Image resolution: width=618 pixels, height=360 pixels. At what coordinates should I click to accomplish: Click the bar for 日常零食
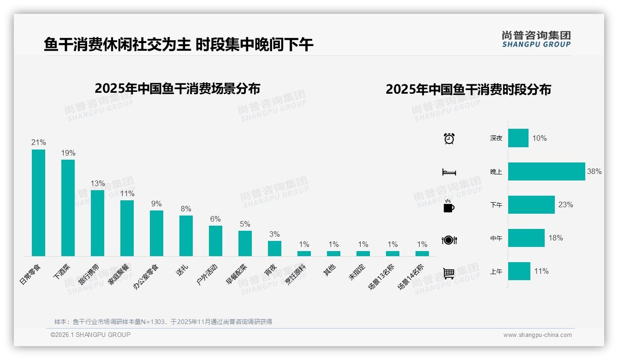38,203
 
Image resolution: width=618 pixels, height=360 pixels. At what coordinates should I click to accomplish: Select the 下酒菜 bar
68,208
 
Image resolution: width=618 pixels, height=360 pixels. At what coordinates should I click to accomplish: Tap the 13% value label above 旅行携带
98,183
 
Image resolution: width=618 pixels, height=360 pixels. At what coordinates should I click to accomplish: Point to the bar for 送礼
186,236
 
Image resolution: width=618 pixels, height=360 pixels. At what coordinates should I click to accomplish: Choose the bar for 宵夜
274,248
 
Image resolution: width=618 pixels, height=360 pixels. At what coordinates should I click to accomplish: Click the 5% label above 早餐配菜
245,224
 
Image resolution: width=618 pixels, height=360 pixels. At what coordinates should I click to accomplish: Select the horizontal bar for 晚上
547,171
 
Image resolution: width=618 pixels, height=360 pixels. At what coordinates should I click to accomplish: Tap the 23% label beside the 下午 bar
565,204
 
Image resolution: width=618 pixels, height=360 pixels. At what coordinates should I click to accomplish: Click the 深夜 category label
496,138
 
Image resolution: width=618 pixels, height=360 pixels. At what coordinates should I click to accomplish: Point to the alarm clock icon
449,138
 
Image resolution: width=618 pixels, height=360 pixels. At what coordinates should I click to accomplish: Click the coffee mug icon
449,206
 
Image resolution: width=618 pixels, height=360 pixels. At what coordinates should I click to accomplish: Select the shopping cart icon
449,273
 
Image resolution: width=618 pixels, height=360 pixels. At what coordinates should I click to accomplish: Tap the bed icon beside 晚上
449,172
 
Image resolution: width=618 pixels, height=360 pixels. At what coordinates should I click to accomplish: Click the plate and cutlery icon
449,240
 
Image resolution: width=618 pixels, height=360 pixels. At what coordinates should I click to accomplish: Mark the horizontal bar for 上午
519,271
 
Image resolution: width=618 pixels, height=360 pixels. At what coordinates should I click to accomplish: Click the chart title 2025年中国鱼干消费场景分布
178,89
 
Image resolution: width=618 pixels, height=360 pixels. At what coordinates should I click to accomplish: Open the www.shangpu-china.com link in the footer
537,335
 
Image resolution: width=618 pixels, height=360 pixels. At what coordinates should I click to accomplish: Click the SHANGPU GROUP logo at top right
536,39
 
